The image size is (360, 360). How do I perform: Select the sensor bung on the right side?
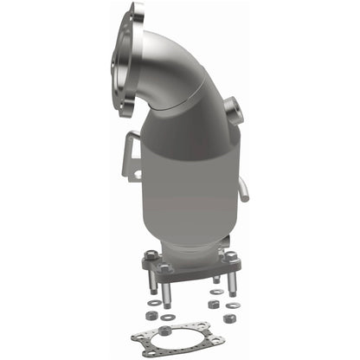tap(232, 111)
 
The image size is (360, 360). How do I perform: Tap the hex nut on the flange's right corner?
tap(231, 257)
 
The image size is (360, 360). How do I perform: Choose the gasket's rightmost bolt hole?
tap(227, 337)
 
